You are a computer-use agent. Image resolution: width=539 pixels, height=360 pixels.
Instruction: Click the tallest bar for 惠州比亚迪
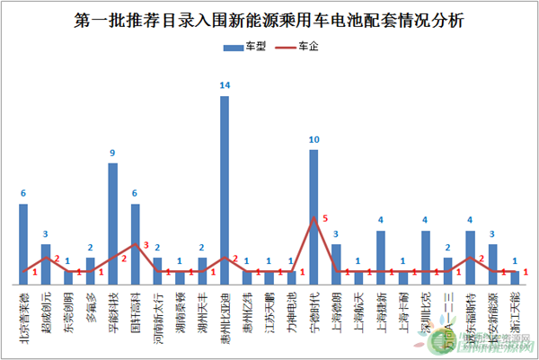point(225,189)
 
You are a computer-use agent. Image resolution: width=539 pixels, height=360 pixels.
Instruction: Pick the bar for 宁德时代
point(314,215)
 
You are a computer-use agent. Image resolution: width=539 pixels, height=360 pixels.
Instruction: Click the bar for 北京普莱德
point(23,242)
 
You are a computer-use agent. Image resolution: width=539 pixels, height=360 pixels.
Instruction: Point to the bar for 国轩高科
point(136,242)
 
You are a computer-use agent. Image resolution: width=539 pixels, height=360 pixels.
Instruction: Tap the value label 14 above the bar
point(224,86)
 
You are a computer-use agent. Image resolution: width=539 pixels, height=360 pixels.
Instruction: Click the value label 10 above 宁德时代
point(314,140)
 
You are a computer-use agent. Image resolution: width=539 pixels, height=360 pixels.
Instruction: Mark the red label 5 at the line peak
point(325,215)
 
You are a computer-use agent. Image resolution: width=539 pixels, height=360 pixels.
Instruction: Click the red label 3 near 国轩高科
point(146,245)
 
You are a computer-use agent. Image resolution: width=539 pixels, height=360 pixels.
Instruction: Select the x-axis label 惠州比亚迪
point(225,310)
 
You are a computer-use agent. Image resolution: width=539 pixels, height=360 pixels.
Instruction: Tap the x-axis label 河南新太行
point(158,310)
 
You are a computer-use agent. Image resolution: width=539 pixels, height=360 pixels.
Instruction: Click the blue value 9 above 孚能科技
point(112,154)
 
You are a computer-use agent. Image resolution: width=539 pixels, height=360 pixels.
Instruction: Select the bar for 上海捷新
point(381,256)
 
